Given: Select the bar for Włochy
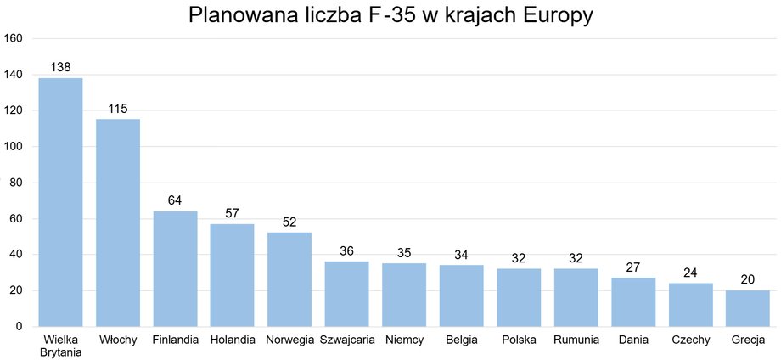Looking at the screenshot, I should click(x=118, y=222).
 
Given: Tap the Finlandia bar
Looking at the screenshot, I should click(x=175, y=268).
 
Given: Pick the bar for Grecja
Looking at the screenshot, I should click(x=748, y=308).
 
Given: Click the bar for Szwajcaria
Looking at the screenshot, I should click(x=347, y=294).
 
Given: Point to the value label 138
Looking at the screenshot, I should click(x=60, y=66).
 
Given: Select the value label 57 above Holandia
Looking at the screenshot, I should click(x=233, y=212).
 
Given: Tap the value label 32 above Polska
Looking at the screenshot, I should click(x=519, y=257).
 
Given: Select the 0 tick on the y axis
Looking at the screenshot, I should click(x=20, y=327).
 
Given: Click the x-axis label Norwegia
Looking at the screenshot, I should click(x=289, y=340).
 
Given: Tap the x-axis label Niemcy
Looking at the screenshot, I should click(x=404, y=340).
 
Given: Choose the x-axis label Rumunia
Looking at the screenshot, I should click(x=576, y=340).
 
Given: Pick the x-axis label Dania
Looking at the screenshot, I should click(x=633, y=340).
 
